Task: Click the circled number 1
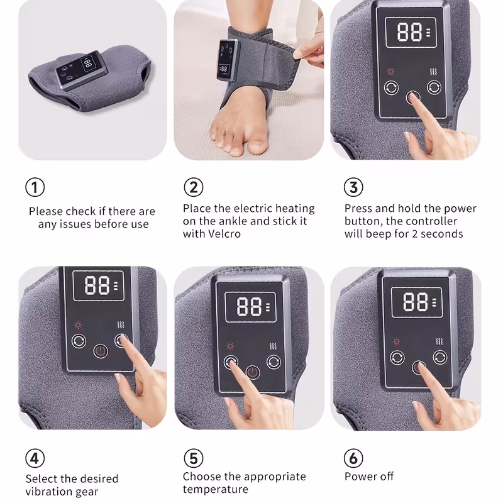click(35, 187)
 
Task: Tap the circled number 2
click(194, 187)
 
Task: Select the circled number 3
click(353, 187)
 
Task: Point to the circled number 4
click(35, 458)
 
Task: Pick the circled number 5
click(194, 458)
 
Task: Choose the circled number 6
click(353, 458)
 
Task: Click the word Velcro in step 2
click(224, 234)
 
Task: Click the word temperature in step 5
click(216, 490)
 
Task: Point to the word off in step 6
click(387, 477)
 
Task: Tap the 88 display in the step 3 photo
click(411, 33)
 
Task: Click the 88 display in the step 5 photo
click(250, 307)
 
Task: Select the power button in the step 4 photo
click(101, 351)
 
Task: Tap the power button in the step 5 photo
click(253, 372)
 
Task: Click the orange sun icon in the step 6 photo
click(397, 341)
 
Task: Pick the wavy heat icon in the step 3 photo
click(433, 71)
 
